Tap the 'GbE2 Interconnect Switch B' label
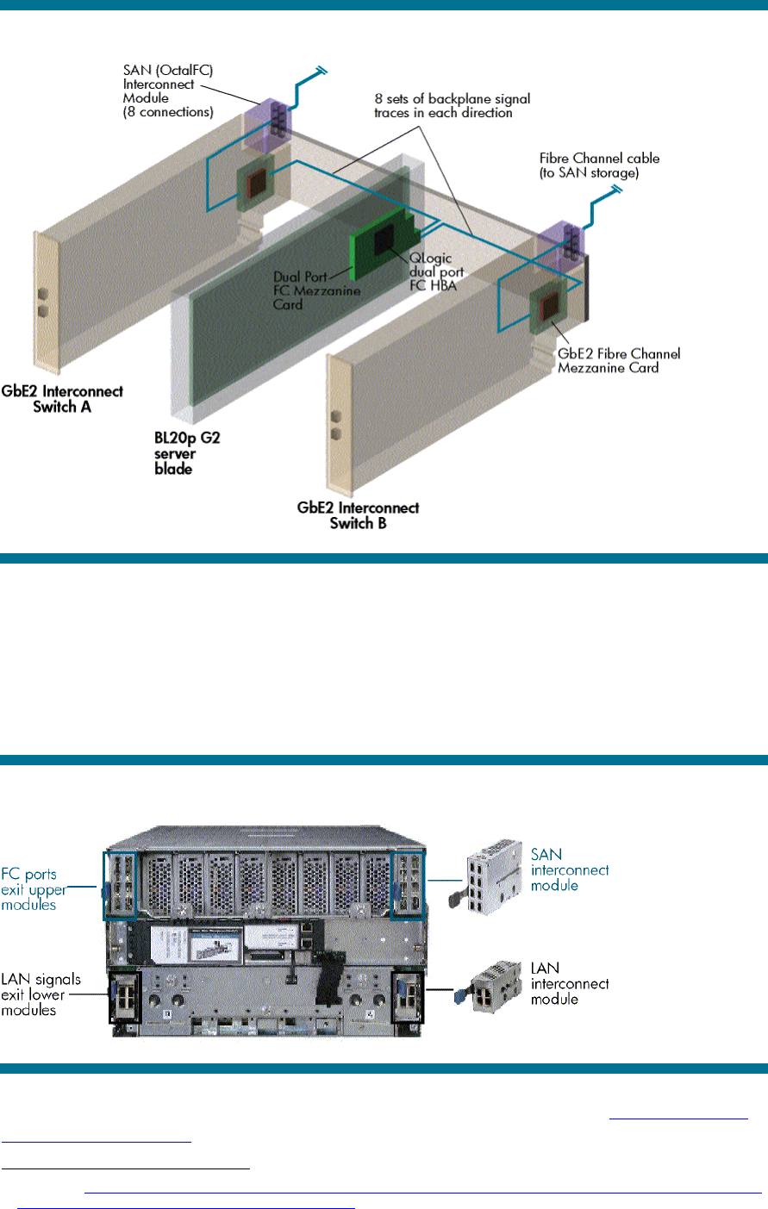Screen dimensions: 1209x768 click(358, 514)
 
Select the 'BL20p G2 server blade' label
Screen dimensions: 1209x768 click(187, 453)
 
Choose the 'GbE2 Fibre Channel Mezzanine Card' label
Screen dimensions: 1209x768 click(618, 360)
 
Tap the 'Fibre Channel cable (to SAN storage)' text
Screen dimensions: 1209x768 click(599, 165)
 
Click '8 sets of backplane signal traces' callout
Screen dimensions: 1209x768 click(452, 106)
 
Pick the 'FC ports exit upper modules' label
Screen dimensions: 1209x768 click(32, 889)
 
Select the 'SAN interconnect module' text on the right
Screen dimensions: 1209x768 click(569, 869)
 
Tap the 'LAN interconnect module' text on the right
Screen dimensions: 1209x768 click(569, 983)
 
